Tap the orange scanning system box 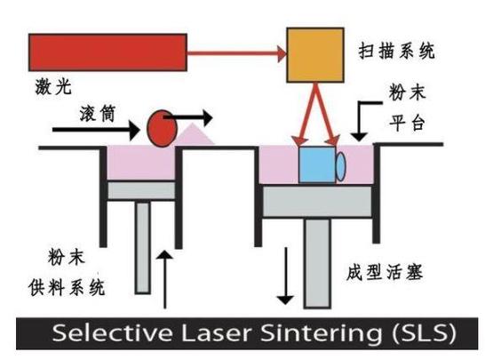point(314,53)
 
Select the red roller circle point(161,127)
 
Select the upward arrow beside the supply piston point(165,275)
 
